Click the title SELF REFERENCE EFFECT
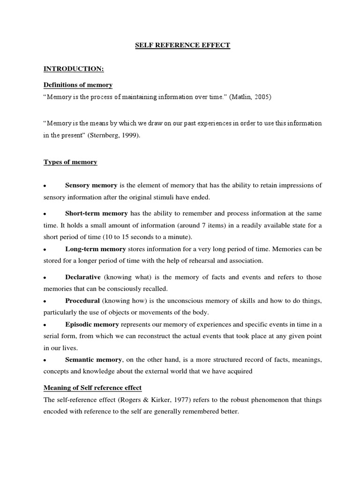point(182,45)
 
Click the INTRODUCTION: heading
point(74,68)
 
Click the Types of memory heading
point(70,162)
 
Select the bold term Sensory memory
point(91,185)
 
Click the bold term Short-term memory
point(96,213)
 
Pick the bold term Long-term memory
point(95,249)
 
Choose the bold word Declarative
point(83,277)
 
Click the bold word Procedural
point(82,300)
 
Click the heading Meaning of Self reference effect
point(92,388)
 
